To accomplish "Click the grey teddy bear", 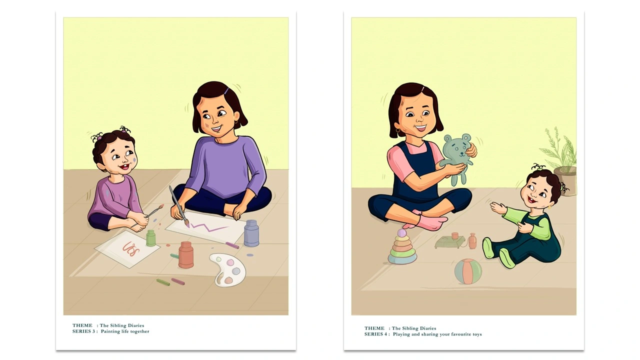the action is [x=456, y=158].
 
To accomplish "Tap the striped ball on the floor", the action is [x=468, y=271].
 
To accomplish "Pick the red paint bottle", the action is [x=186, y=255].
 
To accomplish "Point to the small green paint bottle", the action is [x=150, y=238].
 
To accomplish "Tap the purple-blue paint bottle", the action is [x=251, y=233].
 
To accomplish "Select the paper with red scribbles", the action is [x=127, y=249].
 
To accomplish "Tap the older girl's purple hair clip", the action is [x=226, y=91].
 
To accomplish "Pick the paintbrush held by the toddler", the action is [x=147, y=215].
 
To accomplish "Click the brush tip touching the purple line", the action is [x=187, y=224].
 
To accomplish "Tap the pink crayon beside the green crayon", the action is [x=178, y=281].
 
